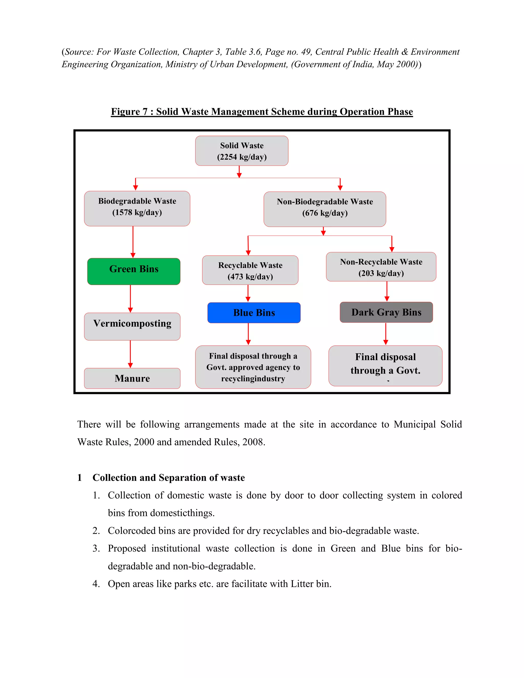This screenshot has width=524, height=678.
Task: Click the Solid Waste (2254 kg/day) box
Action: click(242, 151)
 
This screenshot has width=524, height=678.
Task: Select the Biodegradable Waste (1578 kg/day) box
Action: click(137, 208)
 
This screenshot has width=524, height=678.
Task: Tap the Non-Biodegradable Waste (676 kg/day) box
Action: click(325, 209)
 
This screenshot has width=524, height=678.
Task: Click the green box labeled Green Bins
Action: click(134, 271)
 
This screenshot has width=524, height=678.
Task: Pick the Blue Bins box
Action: click(254, 313)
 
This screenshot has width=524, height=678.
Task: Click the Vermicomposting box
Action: click(132, 326)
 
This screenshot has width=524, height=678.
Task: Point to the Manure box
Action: click(132, 378)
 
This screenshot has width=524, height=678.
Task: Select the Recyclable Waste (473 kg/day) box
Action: click(250, 270)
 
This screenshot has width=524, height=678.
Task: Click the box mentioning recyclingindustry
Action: click(253, 367)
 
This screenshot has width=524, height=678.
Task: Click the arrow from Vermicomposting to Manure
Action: click(130, 354)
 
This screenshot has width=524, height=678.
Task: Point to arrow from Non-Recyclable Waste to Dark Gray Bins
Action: click(387, 291)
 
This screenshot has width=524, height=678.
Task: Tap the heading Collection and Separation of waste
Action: click(169, 477)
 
